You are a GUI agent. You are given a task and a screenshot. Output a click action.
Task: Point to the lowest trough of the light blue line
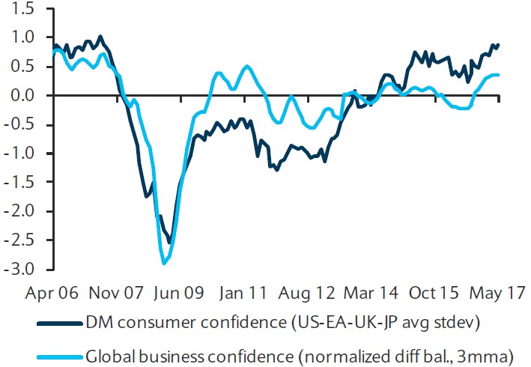tap(164, 263)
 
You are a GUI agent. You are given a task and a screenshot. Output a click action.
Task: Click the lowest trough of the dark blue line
tap(169, 243)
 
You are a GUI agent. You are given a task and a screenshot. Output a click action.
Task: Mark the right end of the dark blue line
tap(499, 45)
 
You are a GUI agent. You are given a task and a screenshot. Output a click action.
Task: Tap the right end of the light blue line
tap(499, 75)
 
